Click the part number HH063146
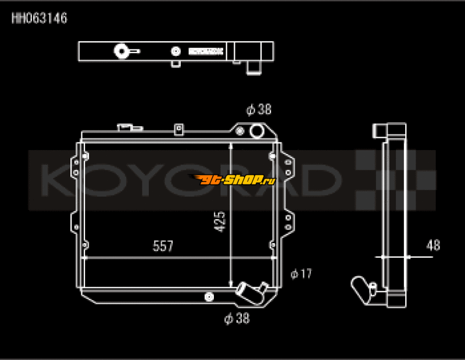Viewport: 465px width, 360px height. [x=40, y=19]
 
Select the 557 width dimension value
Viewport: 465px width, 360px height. [x=163, y=247]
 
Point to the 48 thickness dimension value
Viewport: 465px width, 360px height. [x=433, y=245]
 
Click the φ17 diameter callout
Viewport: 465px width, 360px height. [x=302, y=273]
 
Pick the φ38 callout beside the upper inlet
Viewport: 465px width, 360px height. [x=259, y=109]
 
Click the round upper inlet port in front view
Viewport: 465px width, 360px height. [x=256, y=131]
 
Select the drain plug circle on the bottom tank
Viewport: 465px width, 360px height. [x=208, y=297]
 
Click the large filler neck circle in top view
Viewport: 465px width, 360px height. [x=122, y=51]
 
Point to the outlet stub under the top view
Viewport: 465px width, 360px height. [x=254, y=68]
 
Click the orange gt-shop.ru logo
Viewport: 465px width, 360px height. [x=233, y=179]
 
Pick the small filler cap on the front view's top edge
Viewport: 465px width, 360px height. [x=125, y=126]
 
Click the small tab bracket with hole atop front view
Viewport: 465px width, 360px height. [x=179, y=128]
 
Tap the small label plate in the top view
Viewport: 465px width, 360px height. [x=206, y=51]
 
